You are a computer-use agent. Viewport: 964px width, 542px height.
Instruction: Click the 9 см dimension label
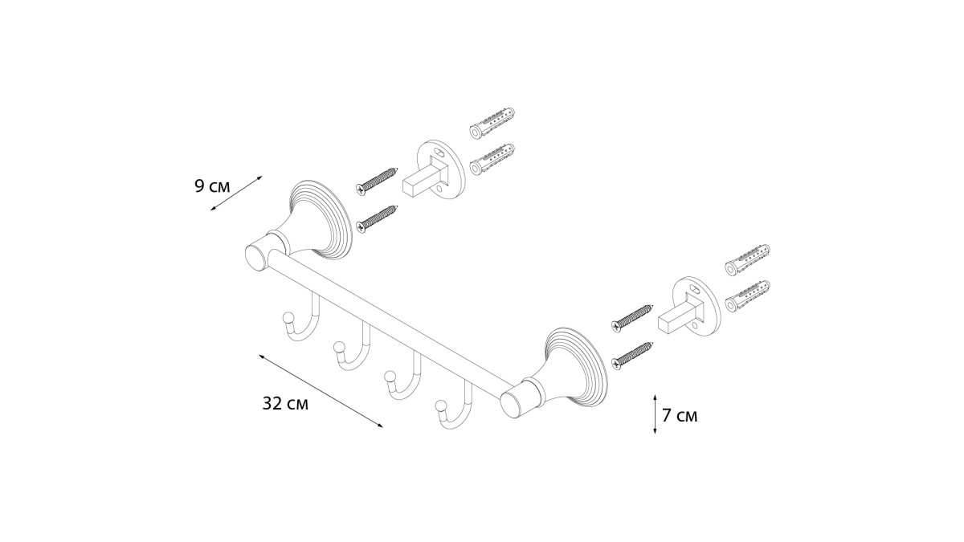[x=213, y=186]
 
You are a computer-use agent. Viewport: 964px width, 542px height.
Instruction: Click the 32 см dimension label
[x=285, y=403]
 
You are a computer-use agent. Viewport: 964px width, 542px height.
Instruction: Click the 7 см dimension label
[x=680, y=416]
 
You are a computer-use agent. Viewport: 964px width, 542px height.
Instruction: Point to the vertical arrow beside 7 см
[x=655, y=414]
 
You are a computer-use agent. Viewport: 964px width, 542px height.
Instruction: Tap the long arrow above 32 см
[x=321, y=391]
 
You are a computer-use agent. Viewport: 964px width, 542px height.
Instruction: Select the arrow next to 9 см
[x=236, y=194]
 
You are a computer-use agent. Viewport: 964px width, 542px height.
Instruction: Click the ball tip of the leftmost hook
[x=287, y=319]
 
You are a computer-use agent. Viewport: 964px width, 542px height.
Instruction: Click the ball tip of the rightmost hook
[x=441, y=406]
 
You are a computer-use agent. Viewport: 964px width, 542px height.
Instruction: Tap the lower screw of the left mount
[x=377, y=219]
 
